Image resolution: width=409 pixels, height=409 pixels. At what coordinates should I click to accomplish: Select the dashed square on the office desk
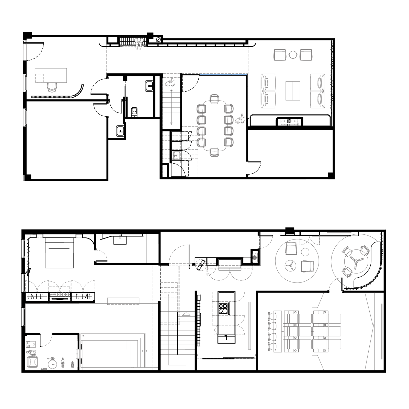[40, 78]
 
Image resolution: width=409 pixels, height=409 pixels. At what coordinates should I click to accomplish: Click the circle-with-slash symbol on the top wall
[158, 39]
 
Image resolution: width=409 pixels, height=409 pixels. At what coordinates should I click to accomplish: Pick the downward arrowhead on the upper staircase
[171, 124]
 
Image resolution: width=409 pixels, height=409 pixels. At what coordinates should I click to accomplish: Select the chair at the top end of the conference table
[214, 99]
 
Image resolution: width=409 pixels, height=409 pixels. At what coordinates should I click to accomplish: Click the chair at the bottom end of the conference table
[214, 152]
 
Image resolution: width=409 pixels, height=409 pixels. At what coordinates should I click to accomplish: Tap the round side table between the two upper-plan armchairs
[293, 54]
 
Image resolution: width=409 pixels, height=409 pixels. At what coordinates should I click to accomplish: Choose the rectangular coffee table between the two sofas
[293, 91]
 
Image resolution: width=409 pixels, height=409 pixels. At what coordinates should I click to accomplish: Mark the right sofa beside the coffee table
[317, 91]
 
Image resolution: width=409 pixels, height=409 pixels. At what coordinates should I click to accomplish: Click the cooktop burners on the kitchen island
[223, 308]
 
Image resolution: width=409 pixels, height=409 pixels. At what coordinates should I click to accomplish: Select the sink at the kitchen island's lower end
[226, 339]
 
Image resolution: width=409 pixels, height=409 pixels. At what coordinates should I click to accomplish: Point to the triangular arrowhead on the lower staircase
[186, 314]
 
